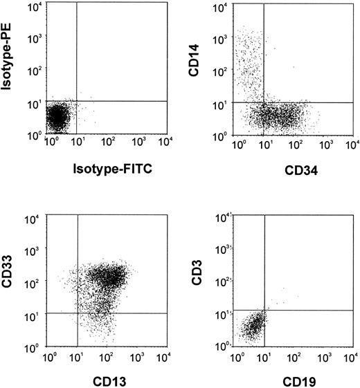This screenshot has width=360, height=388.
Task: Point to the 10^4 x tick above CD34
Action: pos(351,145)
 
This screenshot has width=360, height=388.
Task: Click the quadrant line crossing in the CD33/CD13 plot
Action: pos(78,313)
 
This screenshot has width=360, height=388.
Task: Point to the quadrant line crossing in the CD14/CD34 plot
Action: pos(264,103)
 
